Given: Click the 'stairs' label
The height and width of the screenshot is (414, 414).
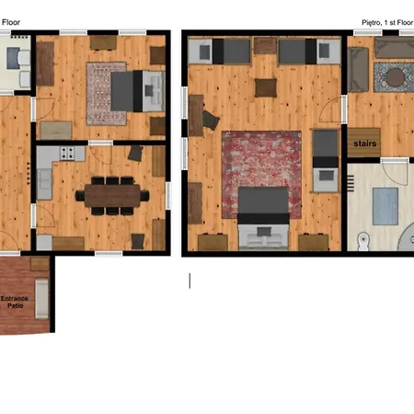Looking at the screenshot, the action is [365, 144].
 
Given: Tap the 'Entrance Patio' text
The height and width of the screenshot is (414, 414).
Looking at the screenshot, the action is [15, 302].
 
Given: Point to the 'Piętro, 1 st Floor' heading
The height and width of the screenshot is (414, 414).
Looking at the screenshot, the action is [387, 23].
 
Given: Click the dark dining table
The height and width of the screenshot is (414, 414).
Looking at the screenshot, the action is [112, 196].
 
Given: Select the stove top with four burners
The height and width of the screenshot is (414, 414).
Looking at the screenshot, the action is [67, 153].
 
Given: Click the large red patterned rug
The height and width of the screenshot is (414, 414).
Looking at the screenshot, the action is [261, 175].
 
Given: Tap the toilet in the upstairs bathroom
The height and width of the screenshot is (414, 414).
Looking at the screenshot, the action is [363, 241].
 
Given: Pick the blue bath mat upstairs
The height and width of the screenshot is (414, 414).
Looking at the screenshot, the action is [385, 206].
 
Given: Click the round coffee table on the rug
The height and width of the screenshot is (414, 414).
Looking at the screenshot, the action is [396, 77].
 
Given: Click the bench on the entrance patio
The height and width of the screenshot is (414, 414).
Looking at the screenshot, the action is [41, 298].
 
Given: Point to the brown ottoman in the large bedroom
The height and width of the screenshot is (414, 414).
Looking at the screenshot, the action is [266, 88].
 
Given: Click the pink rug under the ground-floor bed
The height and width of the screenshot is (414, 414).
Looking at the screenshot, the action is [107, 94].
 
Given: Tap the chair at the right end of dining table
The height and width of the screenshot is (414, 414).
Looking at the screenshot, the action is [144, 195].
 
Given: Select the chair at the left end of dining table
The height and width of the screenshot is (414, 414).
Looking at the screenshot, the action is [80, 195].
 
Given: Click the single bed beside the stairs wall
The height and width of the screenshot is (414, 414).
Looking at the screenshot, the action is [326, 161].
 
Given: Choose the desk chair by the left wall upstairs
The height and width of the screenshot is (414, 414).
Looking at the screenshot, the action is [211, 121].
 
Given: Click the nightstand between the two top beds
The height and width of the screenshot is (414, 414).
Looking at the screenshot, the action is [265, 45].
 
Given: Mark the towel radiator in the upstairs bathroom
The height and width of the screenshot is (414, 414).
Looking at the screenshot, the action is [351, 183].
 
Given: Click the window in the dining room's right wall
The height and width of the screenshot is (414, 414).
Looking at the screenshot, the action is [168, 196].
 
